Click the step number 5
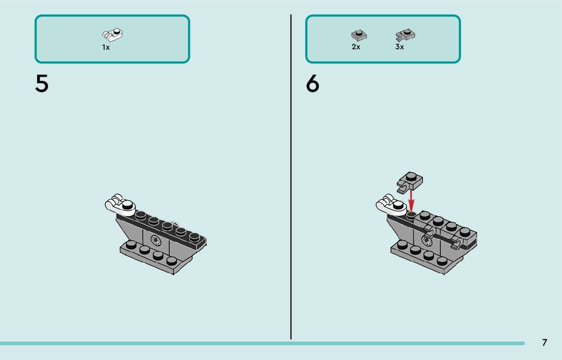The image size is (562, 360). [42, 84]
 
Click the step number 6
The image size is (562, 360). [313, 84]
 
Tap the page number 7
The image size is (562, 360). [544, 342]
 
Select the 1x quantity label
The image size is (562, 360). [106, 47]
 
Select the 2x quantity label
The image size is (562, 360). [356, 47]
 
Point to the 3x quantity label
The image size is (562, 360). [399, 47]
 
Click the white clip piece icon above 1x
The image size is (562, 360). [113, 35]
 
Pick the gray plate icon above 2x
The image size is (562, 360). [359, 35]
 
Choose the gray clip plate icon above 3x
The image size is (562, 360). [404, 35]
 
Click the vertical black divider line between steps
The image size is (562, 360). [291, 178]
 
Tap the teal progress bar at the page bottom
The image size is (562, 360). [254, 343]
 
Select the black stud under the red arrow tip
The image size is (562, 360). [411, 215]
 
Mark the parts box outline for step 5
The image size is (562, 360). [36, 39]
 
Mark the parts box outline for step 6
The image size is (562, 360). [306, 39]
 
